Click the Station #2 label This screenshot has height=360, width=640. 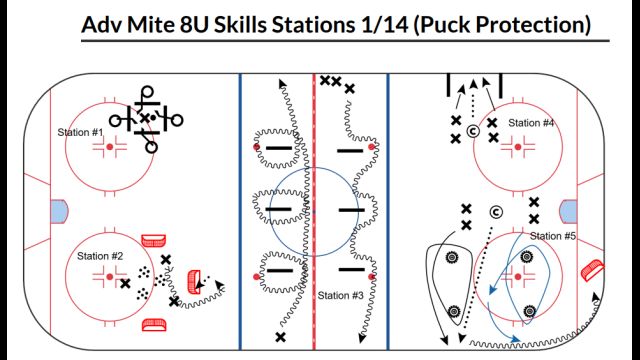pos(100,256)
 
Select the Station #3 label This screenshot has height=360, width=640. pos(341,295)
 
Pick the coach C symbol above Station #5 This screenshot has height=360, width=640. pos(496,211)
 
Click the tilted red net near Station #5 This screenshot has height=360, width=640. pos(593,270)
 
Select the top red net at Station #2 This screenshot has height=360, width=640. pos(153,240)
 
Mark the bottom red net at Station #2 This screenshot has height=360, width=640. pos(153,323)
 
